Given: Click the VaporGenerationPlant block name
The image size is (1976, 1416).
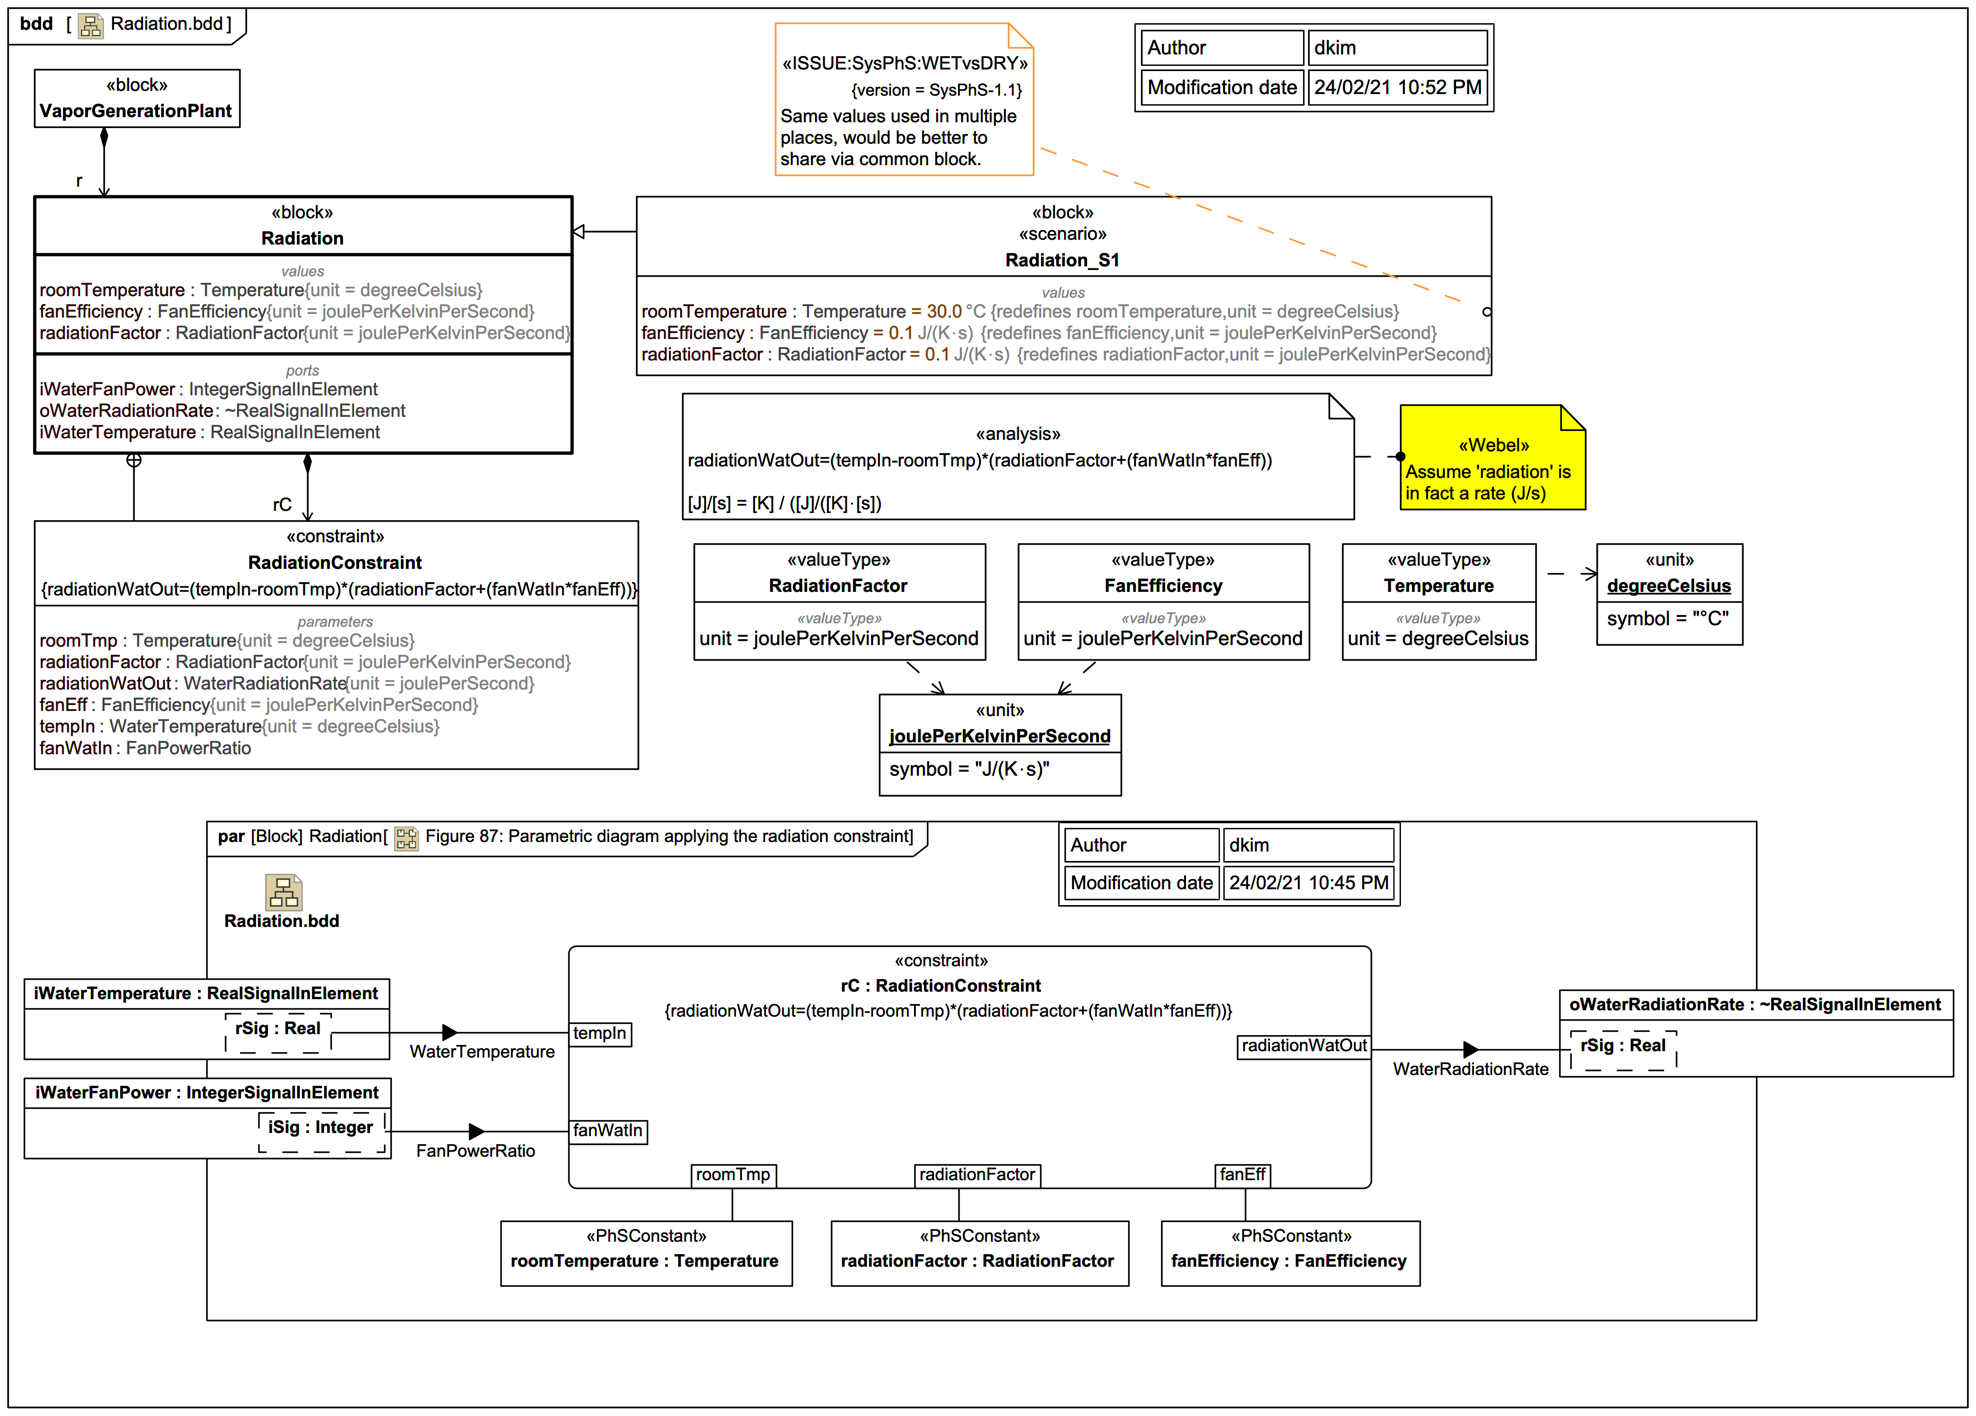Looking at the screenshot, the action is click(x=136, y=111).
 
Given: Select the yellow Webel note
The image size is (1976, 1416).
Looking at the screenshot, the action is click(x=1493, y=457).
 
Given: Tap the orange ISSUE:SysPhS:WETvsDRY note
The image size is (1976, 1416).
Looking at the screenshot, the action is click(x=904, y=99).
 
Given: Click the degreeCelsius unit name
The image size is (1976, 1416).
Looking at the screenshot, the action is click(x=1668, y=586).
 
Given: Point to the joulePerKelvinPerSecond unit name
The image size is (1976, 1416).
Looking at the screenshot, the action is click(x=999, y=736).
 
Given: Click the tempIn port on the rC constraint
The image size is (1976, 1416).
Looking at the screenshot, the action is click(x=600, y=1033).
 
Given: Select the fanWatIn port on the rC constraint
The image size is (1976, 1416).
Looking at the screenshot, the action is click(x=608, y=1131).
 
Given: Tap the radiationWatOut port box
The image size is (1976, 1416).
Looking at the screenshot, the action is click(x=1304, y=1046).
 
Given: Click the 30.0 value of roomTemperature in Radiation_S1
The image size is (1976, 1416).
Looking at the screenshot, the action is click(x=944, y=311).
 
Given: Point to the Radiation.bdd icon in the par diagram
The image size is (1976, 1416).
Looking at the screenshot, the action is click(x=283, y=892).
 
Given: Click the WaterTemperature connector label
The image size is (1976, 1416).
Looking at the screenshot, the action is click(x=482, y=1052).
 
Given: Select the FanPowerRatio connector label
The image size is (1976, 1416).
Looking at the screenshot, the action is click(x=476, y=1151).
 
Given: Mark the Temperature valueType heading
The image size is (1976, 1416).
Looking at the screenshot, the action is click(x=1438, y=586).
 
